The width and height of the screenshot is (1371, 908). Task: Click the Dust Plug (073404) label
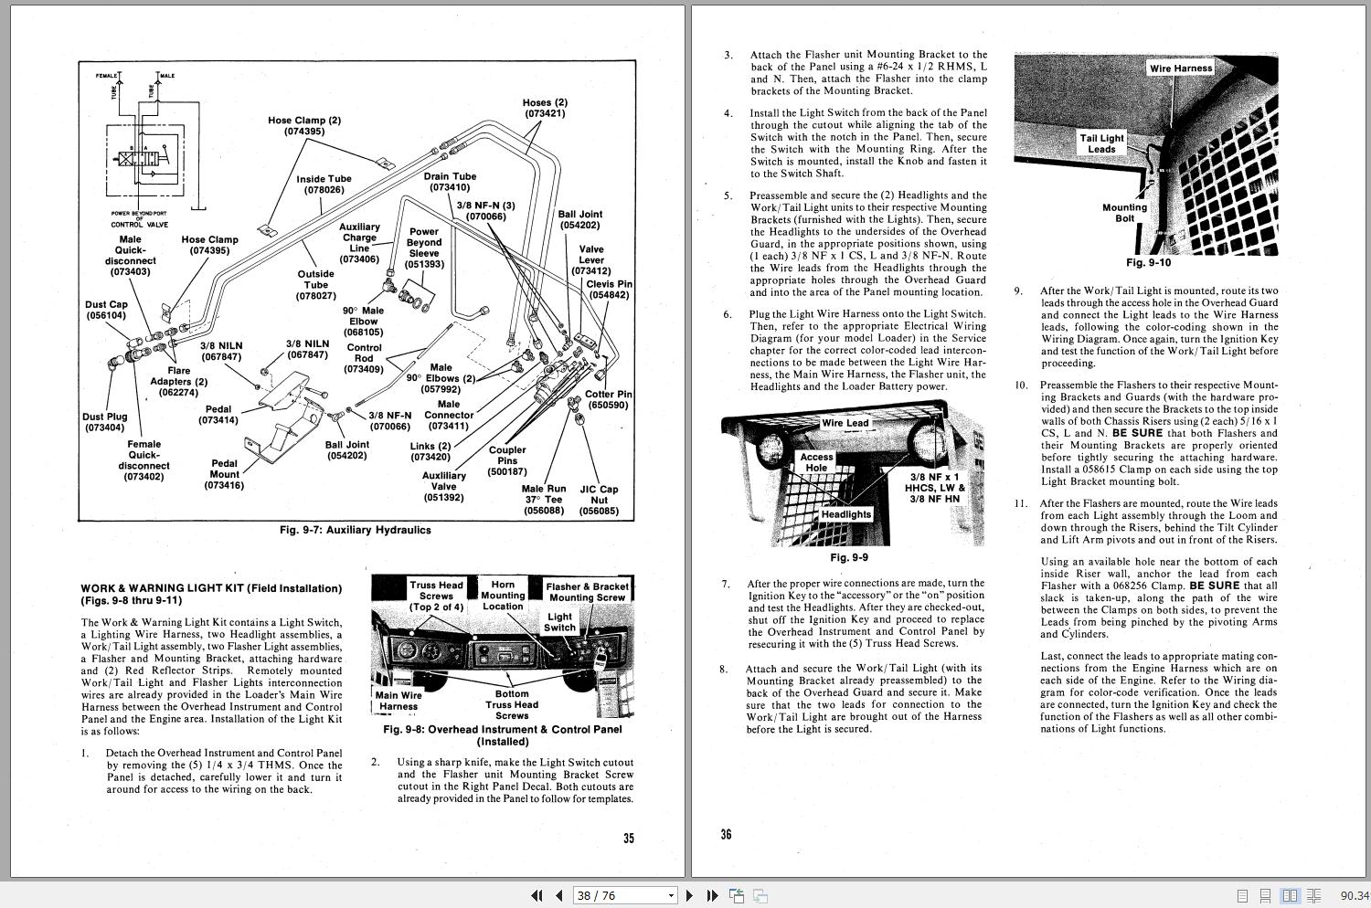(106, 422)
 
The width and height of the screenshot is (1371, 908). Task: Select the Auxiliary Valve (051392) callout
(443, 487)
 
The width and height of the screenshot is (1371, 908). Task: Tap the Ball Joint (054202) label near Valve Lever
(580, 219)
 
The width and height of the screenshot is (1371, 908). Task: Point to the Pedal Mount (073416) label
(225, 474)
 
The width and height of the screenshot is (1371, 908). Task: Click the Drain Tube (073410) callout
(450, 182)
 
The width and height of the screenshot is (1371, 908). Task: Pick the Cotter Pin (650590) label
(608, 399)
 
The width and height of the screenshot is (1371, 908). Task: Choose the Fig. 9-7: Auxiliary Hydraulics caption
(355, 530)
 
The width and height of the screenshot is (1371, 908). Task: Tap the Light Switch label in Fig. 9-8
(559, 622)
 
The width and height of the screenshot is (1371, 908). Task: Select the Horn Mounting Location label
(503, 595)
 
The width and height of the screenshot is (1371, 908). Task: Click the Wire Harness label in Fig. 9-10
(1181, 69)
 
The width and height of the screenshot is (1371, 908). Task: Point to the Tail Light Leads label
(1101, 143)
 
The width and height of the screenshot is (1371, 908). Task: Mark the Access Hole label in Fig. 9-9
(816, 462)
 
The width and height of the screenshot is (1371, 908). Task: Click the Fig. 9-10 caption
(1148, 263)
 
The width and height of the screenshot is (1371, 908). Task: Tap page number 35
(629, 838)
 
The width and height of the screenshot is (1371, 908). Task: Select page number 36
(726, 834)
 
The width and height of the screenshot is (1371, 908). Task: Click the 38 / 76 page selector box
(624, 896)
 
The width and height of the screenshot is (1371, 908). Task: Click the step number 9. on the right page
(1018, 291)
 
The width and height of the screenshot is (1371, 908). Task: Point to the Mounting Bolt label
(1124, 213)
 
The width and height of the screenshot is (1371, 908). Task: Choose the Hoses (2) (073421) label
(545, 108)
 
